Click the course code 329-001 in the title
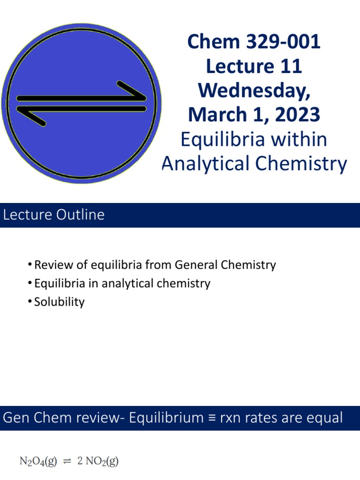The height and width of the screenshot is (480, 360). [283, 41]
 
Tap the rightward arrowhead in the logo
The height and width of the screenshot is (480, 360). [132, 90]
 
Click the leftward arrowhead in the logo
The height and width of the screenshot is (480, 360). [31, 116]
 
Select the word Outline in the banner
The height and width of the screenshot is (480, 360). [80, 215]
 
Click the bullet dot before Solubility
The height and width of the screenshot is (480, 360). [30, 301]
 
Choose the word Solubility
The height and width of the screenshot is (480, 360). [60, 302]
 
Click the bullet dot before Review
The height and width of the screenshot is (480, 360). [30, 264]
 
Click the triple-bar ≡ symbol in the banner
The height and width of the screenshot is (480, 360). [212, 418]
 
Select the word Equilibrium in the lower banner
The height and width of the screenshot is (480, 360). [166, 418]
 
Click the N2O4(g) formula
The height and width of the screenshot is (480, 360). [38, 461]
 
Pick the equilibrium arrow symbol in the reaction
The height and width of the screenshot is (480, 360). [67, 461]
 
